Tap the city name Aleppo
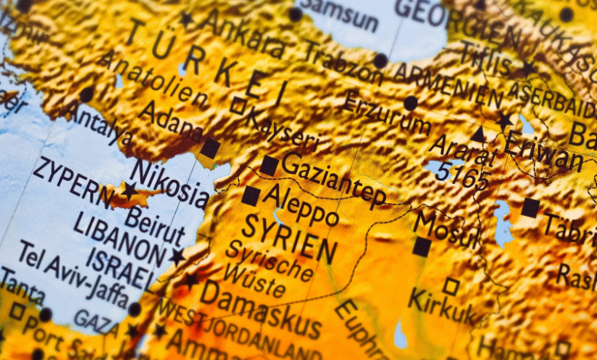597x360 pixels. tap(300, 205)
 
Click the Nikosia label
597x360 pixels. tap(170, 183)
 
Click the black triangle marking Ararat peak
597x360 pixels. tap(478, 135)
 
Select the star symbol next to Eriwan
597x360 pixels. tap(504, 120)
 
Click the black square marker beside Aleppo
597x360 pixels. tap(250, 196)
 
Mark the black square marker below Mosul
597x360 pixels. tap(421, 247)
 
